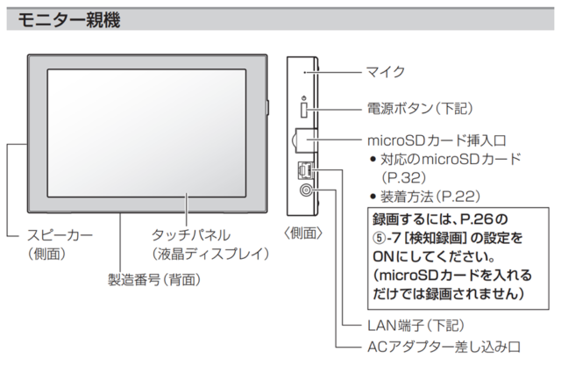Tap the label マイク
[384, 69]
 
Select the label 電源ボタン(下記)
[419, 109]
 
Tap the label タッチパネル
[190, 235]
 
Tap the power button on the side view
[302, 110]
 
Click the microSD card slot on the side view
[302, 137]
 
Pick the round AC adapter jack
[307, 190]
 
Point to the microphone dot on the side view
[303, 69]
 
